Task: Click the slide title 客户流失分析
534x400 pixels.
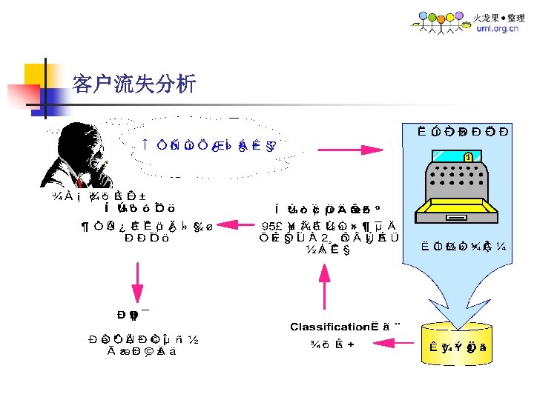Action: (x=133, y=84)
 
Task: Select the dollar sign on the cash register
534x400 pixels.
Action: (x=468, y=156)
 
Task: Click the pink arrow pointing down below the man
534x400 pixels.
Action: (x=136, y=282)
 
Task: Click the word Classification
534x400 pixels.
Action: (x=329, y=326)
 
